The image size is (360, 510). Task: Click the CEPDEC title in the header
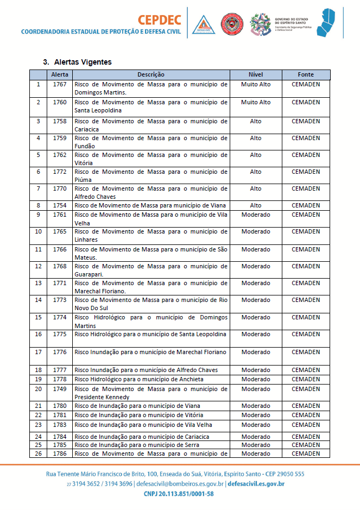pos(160,20)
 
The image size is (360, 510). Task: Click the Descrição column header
pos(150,74)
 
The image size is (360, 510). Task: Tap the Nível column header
pos(255,74)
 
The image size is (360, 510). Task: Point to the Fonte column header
pos(306,74)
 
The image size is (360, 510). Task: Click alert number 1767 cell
pos(60,85)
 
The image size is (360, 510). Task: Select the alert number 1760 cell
pos(60,102)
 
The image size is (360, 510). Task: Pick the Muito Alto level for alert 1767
pos(255,85)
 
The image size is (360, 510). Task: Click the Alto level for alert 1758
pos(255,121)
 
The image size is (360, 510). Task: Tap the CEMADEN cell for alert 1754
pos(306,205)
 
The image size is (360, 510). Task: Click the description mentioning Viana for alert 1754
pos(150,205)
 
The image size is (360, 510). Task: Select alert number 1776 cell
pos(60,352)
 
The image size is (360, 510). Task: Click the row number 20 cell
pos(38,389)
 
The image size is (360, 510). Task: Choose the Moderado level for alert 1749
pos(255,389)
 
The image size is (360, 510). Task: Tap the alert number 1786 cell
pos(60,454)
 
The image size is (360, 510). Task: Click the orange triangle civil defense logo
pos(203,24)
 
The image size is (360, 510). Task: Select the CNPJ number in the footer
pos(179,494)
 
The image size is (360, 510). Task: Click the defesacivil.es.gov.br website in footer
pos(256,483)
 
